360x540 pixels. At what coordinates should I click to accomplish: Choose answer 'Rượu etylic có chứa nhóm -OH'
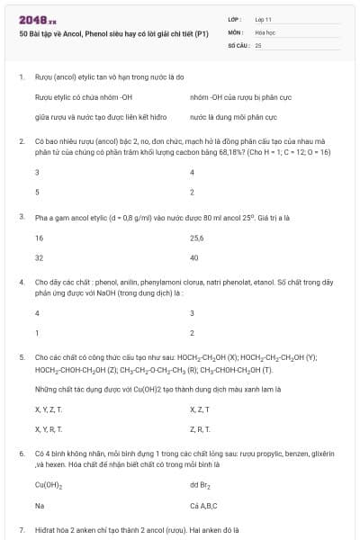point(83,97)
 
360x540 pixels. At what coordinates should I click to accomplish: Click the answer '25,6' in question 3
point(198,238)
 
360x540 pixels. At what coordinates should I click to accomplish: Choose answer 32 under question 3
point(40,257)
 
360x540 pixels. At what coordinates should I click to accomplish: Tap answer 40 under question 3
point(194,257)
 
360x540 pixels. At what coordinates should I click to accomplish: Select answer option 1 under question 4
point(37,333)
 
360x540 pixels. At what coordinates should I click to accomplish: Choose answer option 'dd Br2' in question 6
point(201,485)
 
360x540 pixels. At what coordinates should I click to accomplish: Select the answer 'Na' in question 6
point(39,505)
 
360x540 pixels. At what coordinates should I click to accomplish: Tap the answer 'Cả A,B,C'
point(204,505)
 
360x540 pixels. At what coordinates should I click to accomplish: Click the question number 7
point(21,530)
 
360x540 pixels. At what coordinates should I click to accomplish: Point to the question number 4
point(21,283)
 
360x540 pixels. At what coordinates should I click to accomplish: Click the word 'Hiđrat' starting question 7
point(46,530)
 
